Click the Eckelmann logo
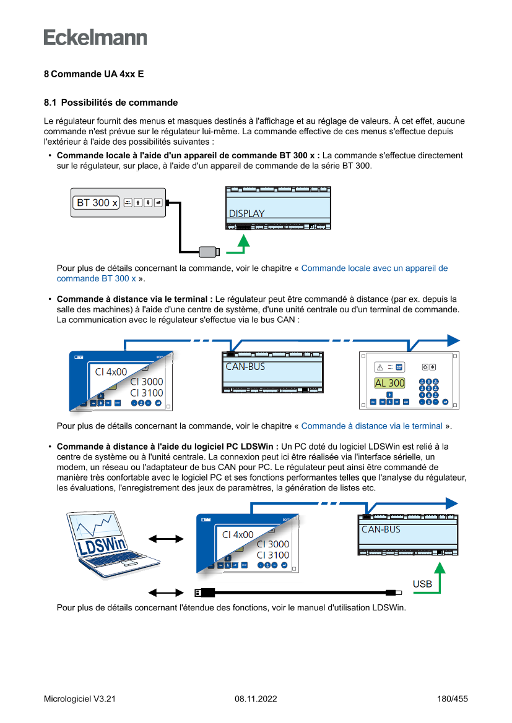[95, 38]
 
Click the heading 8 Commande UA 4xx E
[93, 74]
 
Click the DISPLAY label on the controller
[246, 213]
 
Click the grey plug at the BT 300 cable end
[209, 251]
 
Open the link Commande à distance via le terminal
[371, 426]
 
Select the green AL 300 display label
[389, 383]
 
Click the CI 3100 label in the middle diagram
[147, 393]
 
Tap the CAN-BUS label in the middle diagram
[245, 367]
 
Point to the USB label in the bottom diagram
[422, 584]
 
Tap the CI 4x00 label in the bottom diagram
[238, 534]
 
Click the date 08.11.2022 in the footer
[256, 699]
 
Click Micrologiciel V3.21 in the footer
[80, 699]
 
